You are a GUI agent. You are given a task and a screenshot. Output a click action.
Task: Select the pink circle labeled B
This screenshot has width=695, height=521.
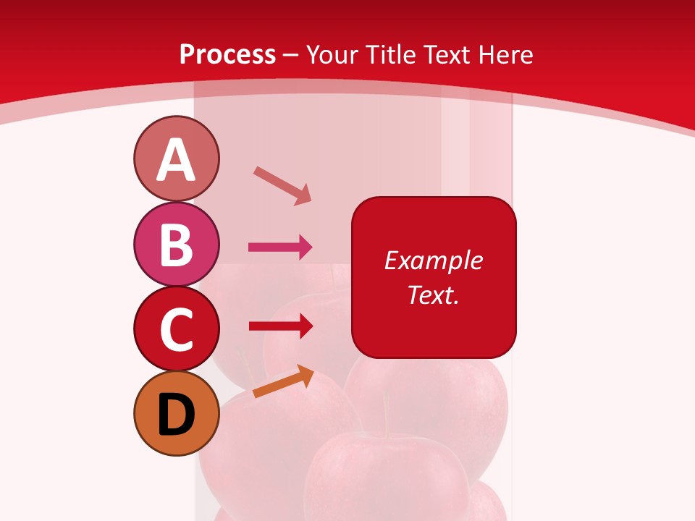tap(176, 244)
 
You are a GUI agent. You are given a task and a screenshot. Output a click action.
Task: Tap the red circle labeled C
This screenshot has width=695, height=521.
tap(176, 329)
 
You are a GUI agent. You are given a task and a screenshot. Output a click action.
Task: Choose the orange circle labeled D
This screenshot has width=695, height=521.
tap(176, 414)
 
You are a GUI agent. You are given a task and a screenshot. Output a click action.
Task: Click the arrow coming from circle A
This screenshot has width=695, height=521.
tap(282, 185)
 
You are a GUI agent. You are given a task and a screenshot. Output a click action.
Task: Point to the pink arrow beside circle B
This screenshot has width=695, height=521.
tap(280, 247)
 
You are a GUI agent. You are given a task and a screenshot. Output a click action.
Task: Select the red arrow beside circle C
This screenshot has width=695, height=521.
tap(280, 326)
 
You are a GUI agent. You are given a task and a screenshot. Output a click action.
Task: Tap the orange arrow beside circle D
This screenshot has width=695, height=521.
tap(283, 381)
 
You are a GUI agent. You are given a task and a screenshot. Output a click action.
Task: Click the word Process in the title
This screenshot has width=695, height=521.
tap(227, 54)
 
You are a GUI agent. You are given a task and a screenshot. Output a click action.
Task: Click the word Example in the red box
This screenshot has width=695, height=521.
tap(434, 260)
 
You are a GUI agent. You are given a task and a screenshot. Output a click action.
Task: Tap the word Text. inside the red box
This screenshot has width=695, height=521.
tap(434, 295)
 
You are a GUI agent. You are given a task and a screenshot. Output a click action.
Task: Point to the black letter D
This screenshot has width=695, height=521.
tap(176, 415)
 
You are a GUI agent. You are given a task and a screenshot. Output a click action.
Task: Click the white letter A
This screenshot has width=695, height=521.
tap(176, 160)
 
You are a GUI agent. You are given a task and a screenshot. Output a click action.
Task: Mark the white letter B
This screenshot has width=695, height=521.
tap(176, 245)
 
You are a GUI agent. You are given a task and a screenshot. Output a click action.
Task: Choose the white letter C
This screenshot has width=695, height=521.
tap(176, 329)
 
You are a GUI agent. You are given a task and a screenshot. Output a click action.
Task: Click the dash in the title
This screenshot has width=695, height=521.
tap(291, 55)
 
